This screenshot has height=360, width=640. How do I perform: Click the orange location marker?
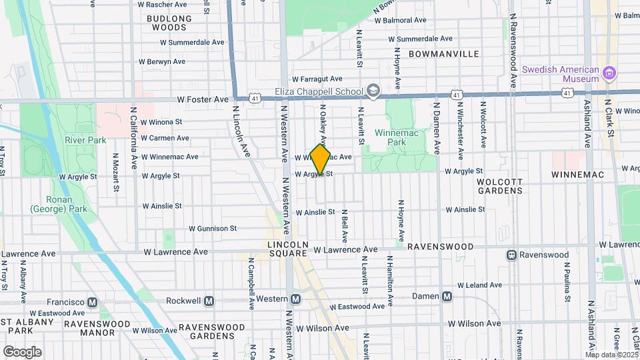click(x=321, y=159)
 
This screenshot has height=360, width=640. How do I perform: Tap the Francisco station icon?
click(x=92, y=302)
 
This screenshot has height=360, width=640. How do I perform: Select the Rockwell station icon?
click(x=209, y=301)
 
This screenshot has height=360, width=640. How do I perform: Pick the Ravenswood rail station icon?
click(x=511, y=255)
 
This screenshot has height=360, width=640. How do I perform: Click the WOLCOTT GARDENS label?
click(x=499, y=185)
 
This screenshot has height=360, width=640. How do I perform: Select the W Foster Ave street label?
click(x=203, y=99)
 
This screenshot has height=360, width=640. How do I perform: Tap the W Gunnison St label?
click(x=213, y=228)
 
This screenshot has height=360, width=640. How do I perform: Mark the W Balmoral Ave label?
click(x=400, y=20)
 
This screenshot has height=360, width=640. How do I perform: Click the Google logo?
click(x=23, y=351)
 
